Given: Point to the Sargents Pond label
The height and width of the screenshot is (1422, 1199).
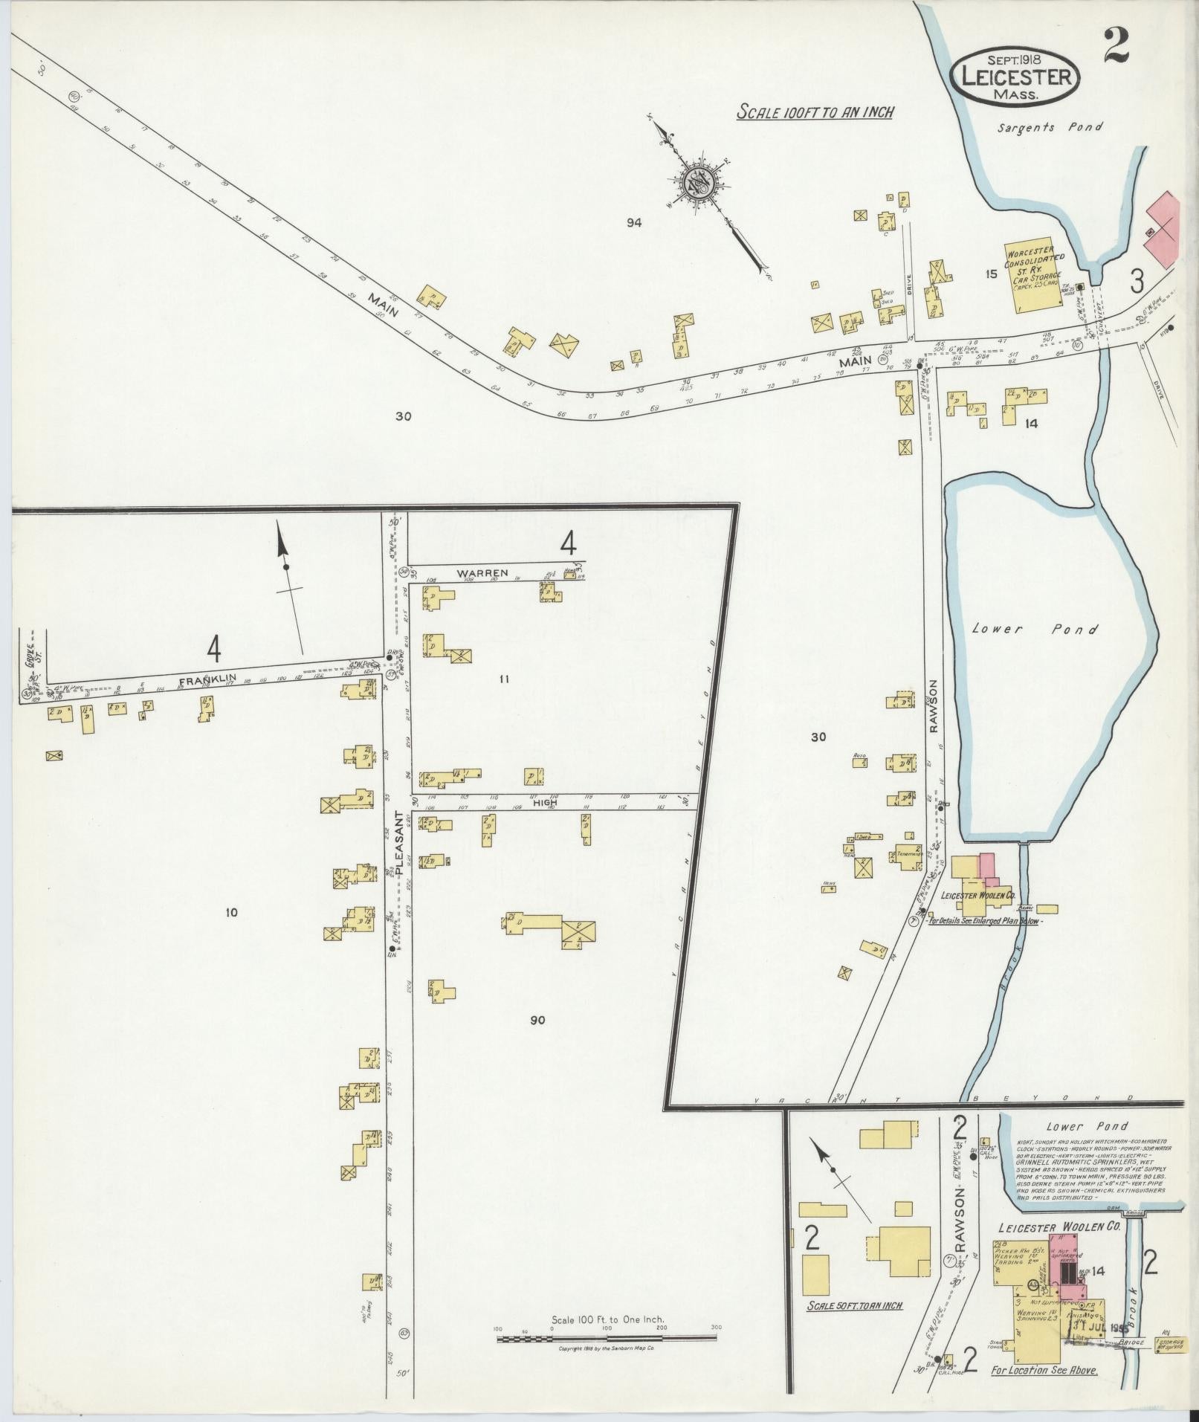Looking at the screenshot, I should [x=1050, y=127].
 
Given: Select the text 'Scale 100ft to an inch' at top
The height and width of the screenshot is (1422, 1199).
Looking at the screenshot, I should [x=815, y=112].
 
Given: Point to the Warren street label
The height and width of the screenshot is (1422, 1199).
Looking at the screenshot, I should [x=482, y=573].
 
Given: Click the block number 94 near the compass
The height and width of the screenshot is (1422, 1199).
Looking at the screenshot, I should [x=633, y=222].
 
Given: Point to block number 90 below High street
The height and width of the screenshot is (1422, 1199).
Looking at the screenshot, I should [x=537, y=1020].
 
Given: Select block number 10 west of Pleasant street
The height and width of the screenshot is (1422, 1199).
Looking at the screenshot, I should [x=231, y=912].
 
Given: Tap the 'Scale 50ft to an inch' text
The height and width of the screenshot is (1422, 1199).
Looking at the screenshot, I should [x=856, y=1305].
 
